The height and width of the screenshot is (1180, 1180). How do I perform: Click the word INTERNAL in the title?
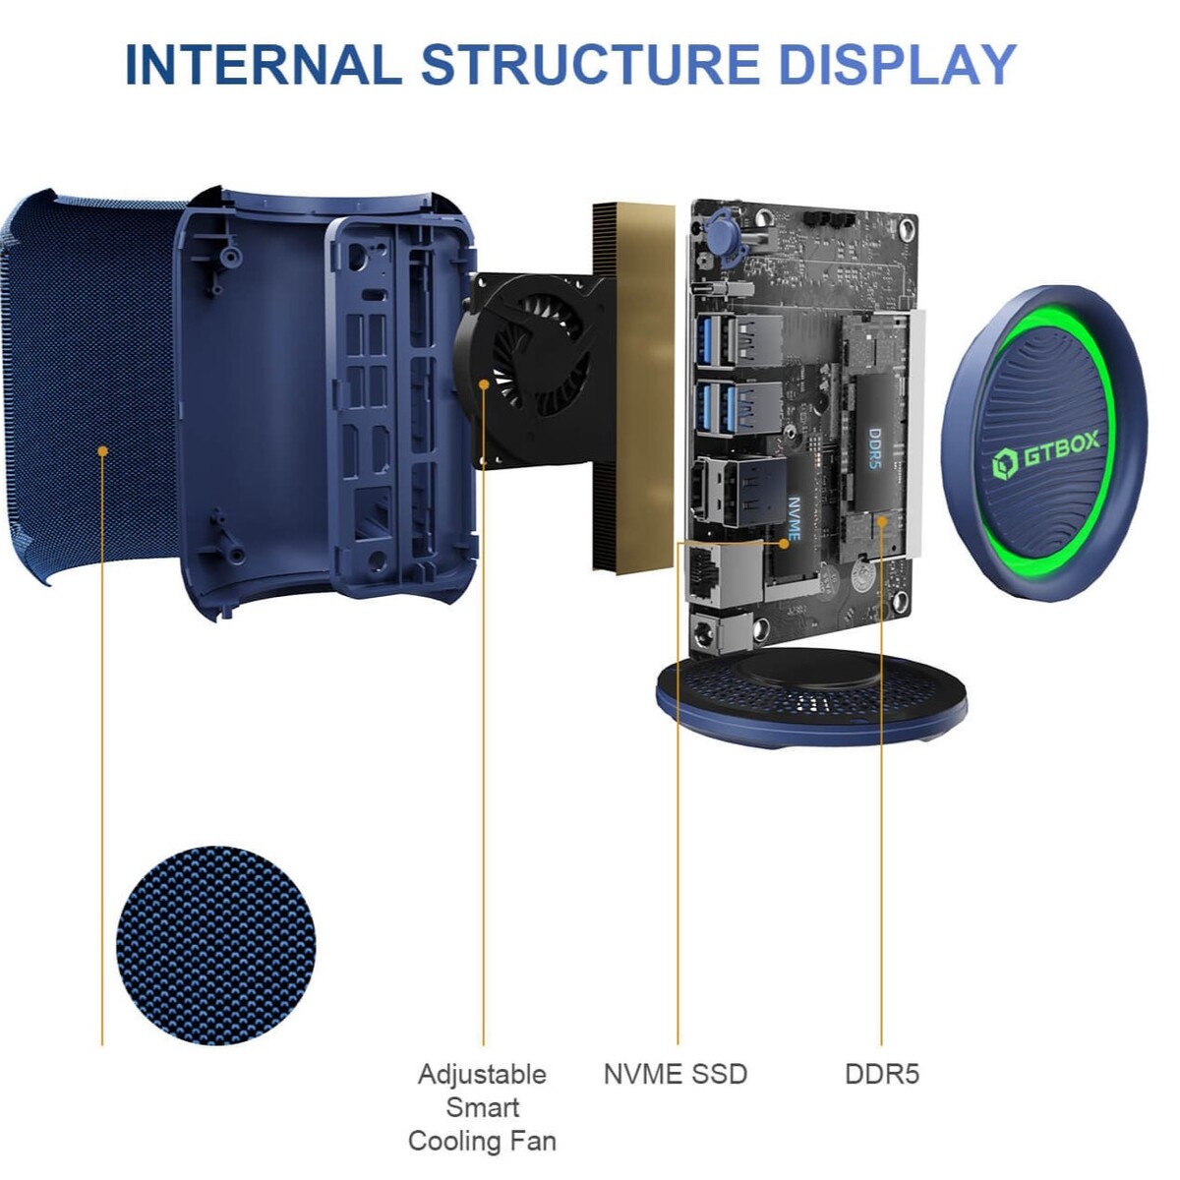pos(264,65)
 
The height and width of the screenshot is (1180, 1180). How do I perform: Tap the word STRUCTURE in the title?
pos(591,65)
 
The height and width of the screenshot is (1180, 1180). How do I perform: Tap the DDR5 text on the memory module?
pos(876,448)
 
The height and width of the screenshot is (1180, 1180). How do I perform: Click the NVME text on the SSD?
pos(794,517)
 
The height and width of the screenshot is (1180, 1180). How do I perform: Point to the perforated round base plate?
pos(811,698)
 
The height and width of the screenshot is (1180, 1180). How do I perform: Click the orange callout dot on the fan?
pos(484,384)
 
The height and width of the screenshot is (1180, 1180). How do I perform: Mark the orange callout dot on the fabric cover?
pos(103,451)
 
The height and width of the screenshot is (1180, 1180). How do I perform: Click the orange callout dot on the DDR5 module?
pos(882,521)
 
